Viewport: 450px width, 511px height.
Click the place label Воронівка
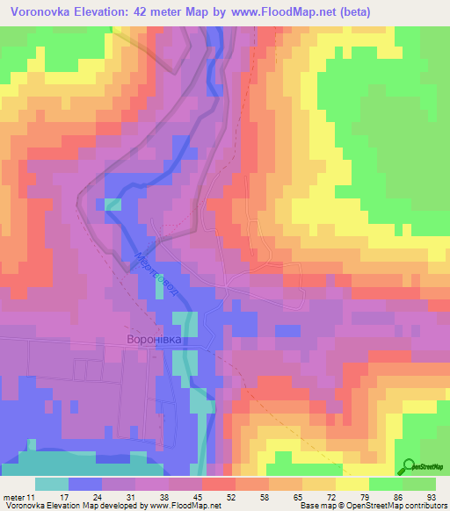click(162, 338)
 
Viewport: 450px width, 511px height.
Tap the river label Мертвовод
click(159, 277)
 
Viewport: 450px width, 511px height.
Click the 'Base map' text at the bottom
click(317, 506)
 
